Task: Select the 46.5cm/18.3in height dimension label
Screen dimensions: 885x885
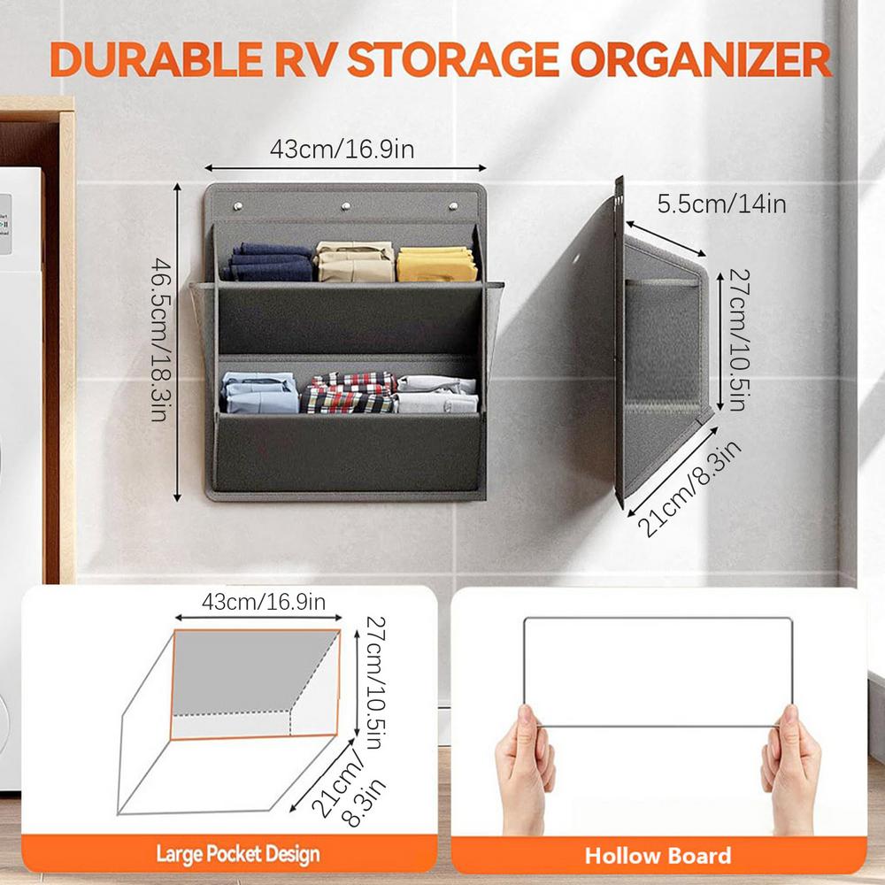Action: [x=159, y=339]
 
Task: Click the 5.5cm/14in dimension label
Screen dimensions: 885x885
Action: [x=722, y=204]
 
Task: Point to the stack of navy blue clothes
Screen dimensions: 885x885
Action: [x=270, y=263]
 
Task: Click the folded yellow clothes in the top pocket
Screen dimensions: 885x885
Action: [x=437, y=265]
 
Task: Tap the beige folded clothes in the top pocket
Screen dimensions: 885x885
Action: [x=356, y=262]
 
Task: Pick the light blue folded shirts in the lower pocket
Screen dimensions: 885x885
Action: [x=260, y=393]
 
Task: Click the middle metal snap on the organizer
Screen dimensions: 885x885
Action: [x=346, y=206]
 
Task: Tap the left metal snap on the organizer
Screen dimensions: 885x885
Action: [x=239, y=206]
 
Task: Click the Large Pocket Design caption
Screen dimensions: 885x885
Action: [x=238, y=855]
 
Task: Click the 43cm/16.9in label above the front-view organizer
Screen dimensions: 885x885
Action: [x=342, y=150]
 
